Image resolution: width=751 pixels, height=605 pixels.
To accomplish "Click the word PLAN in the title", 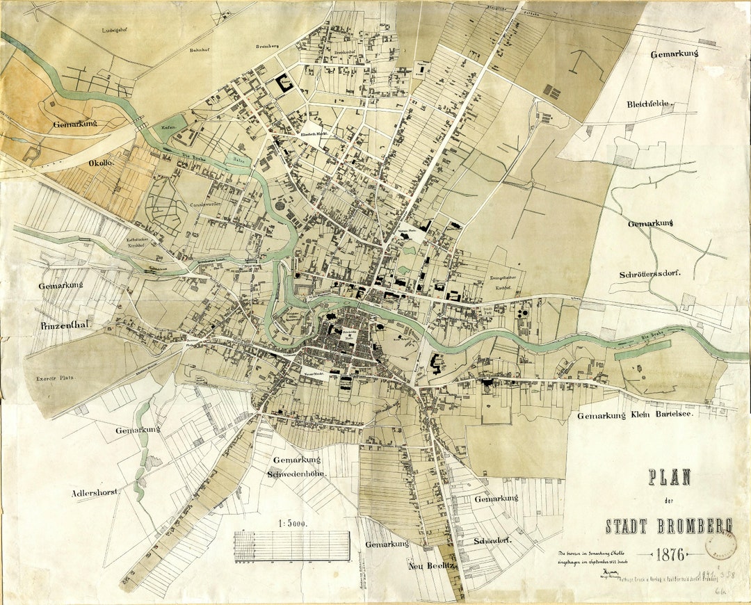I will click(x=670, y=477).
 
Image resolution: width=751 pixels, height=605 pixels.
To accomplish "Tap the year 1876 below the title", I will click(x=668, y=554).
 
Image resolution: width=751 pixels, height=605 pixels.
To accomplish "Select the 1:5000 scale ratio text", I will click(x=291, y=522).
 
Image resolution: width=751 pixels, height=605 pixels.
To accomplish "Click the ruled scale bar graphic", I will click(x=291, y=545).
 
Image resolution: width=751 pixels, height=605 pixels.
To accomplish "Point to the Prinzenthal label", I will click(x=72, y=325).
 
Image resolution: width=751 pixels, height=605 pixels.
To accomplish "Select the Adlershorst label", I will click(x=95, y=492).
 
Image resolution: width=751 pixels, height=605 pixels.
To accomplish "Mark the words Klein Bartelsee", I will click(x=661, y=416).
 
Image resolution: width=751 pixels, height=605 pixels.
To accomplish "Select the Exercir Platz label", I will click(x=56, y=379).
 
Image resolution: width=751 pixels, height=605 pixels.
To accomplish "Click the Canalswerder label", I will click(x=208, y=206).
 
